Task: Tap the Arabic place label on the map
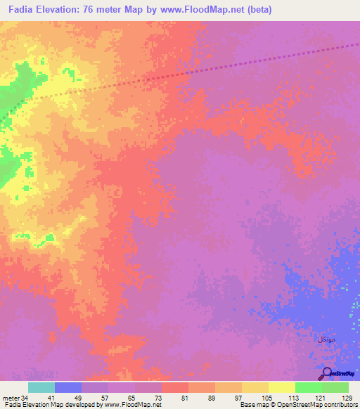click(325, 339)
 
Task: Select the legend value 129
click(347, 397)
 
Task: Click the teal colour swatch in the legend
click(41, 387)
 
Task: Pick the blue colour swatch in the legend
click(68, 387)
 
